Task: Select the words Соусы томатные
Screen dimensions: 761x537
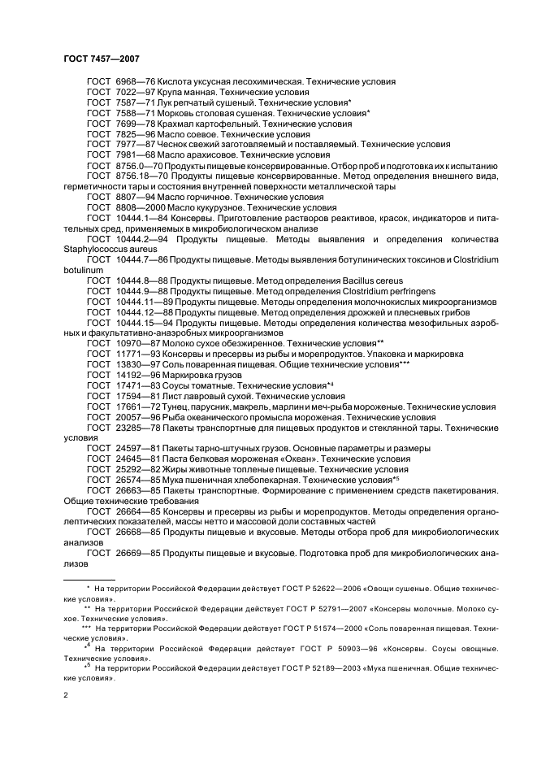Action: click(x=194, y=385)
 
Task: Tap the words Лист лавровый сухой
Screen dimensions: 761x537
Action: click(x=206, y=396)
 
